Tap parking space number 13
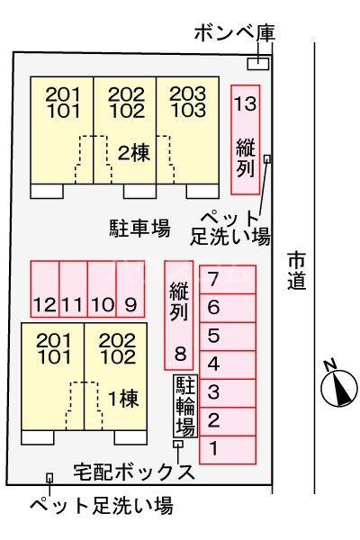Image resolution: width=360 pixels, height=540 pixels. coord(245,139)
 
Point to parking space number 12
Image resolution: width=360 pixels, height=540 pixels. coord(44,288)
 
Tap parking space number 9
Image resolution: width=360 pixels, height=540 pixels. coord(131,288)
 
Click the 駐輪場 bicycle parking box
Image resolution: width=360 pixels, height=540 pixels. coord(185,406)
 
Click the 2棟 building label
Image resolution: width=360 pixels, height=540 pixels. coord(133,152)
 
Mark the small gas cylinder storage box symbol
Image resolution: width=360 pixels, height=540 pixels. coord(257,63)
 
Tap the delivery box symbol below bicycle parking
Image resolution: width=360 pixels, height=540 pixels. coord(178,444)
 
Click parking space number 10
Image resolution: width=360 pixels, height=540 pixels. coord(102,288)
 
